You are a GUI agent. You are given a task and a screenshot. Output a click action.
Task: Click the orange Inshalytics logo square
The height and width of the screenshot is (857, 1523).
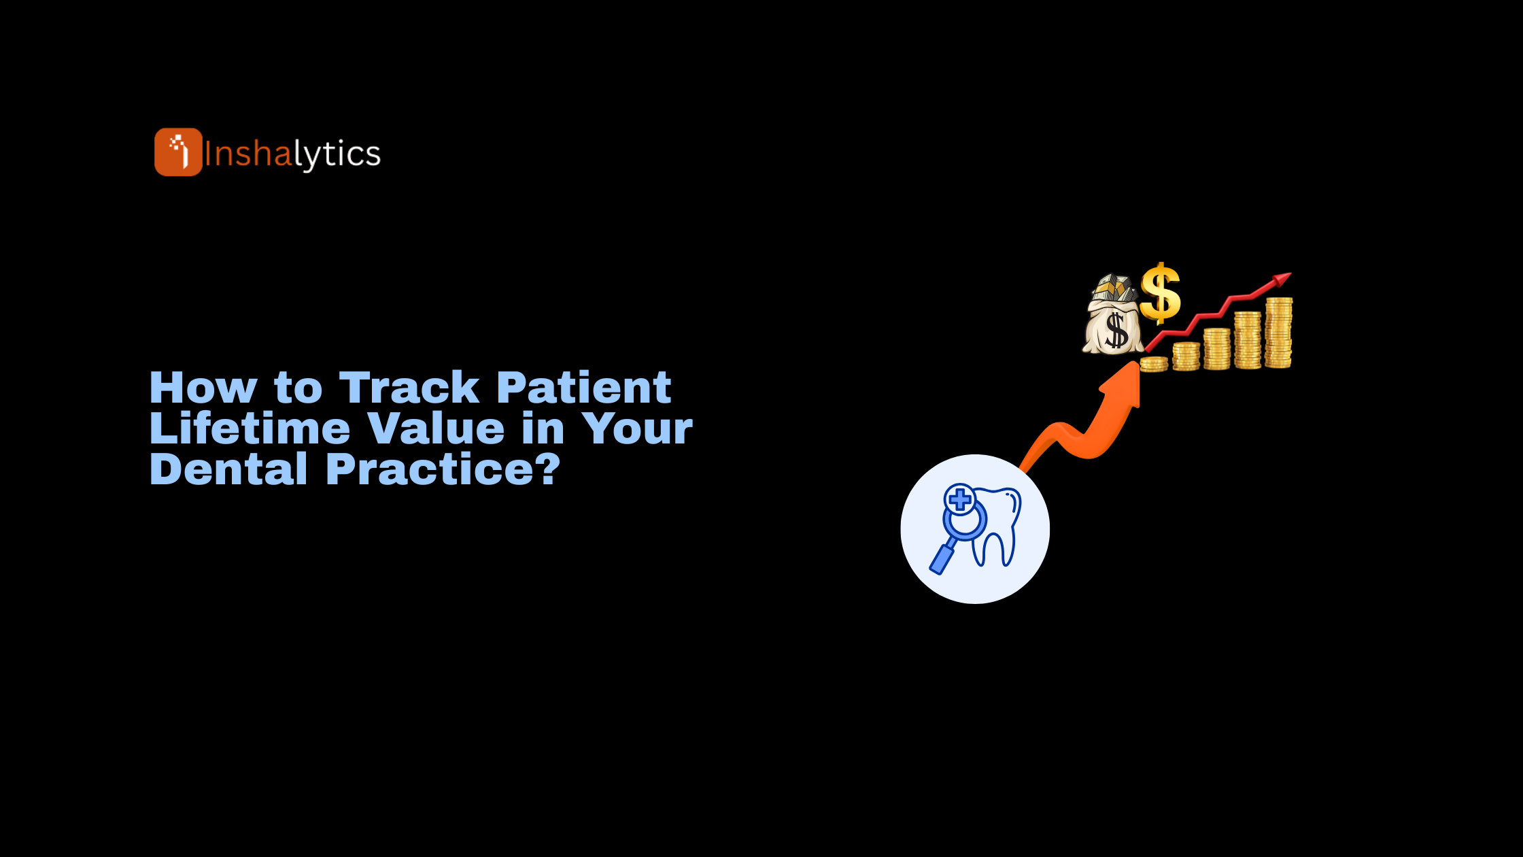pos(178,152)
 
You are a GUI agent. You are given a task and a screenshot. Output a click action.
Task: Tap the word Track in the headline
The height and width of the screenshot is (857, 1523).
pos(409,388)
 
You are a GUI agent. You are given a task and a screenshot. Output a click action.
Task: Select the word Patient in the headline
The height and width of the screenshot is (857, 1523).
pos(584,388)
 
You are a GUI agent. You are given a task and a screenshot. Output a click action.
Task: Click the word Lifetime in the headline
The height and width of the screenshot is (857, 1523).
pos(250,428)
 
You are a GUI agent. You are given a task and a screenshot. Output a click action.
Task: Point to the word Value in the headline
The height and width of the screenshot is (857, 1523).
pos(436,428)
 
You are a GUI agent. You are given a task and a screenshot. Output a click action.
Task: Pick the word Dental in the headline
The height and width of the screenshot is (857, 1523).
pos(228,469)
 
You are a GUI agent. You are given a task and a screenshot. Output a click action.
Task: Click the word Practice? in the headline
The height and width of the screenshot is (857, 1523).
pos(443,469)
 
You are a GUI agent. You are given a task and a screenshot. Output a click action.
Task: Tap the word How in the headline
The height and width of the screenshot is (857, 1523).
pos(203,388)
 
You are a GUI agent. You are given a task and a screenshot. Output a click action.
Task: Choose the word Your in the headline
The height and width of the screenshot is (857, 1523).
pos(637,428)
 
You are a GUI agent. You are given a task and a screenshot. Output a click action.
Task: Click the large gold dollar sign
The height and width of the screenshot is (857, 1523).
pos(1160,293)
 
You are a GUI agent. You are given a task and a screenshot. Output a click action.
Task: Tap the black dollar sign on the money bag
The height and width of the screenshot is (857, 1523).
pos(1116,331)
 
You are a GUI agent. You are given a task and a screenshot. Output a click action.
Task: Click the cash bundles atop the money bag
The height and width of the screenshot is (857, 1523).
pos(1114,288)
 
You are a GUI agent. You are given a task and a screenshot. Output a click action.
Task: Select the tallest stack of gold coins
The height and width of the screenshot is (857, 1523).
pos(1278,333)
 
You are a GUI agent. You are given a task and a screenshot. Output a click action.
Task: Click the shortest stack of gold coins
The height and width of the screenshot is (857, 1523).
pos(1154,364)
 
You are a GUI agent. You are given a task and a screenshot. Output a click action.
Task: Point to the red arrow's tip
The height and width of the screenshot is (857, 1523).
pos(1290,274)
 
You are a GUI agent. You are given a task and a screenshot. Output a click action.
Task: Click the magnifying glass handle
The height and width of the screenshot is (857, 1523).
pos(942,558)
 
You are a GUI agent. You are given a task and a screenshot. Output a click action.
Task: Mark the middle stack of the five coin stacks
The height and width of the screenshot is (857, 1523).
pos(1217,349)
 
